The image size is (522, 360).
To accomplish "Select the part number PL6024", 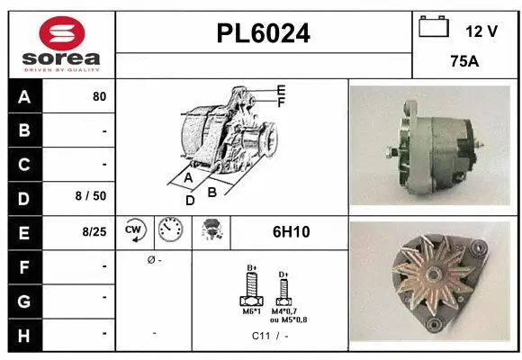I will (x=264, y=33).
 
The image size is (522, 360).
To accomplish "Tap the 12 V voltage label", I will (x=481, y=31).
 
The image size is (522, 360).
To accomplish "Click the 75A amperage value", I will (x=464, y=63).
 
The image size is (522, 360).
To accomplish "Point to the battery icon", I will (x=434, y=27).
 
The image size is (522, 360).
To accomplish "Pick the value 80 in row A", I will (x=99, y=97).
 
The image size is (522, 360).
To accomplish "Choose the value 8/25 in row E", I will (x=94, y=231).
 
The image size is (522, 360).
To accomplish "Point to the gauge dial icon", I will (x=168, y=231).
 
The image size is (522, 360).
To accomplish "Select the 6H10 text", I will (x=291, y=232).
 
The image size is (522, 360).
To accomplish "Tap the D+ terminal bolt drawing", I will (x=283, y=287).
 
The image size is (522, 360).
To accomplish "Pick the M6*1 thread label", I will (x=252, y=311).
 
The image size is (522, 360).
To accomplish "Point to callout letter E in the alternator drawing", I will (x=281, y=91).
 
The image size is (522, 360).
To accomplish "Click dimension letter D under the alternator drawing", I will (x=189, y=201).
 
